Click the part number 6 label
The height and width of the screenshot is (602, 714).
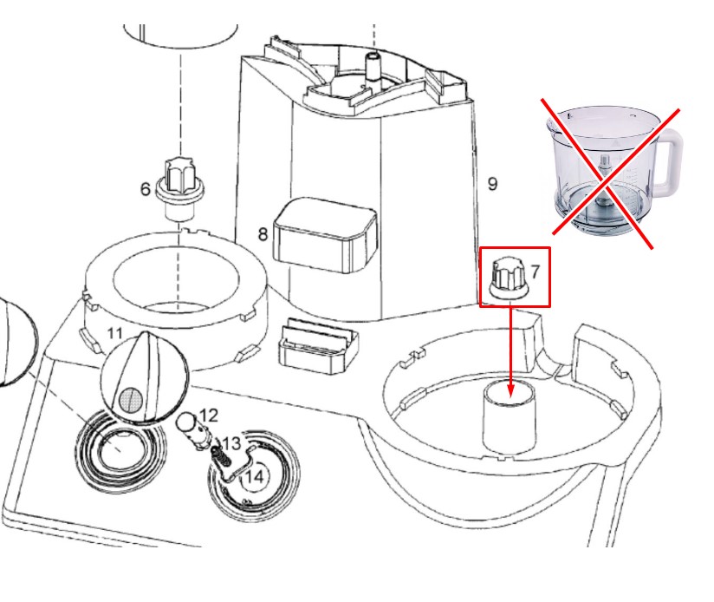coord(145,188)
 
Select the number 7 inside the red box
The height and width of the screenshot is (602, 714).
coord(535,272)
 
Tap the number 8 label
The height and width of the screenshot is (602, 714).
coord(263,234)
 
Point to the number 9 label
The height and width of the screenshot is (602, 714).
coord(492,184)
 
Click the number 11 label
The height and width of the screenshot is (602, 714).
coord(114,334)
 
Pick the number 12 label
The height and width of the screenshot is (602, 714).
coord(209,416)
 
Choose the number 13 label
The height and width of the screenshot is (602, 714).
coord(231,443)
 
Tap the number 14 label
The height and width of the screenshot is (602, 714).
coord(254,477)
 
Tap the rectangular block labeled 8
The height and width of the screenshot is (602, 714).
coord(325,236)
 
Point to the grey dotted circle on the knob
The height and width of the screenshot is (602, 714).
coord(131,400)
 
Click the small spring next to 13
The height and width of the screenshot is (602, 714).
coord(221,457)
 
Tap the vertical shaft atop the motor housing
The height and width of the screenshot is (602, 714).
coord(373,68)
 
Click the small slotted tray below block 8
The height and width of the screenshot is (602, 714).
coord(318,345)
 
